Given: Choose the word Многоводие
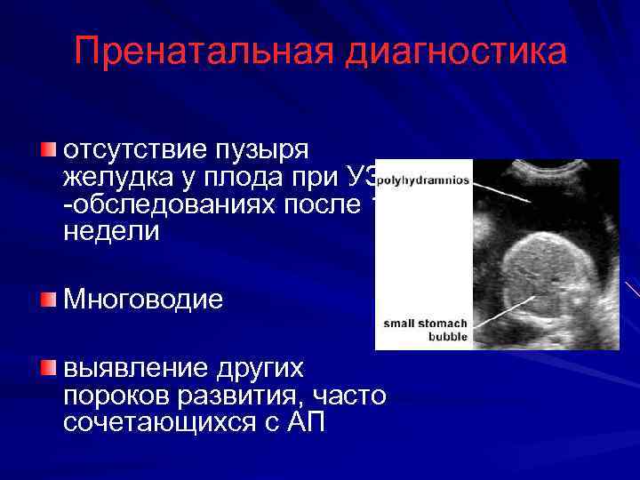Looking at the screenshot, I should [143, 300].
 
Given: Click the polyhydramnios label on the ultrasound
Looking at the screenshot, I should [423, 180].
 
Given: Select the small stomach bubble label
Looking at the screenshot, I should [425, 330].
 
